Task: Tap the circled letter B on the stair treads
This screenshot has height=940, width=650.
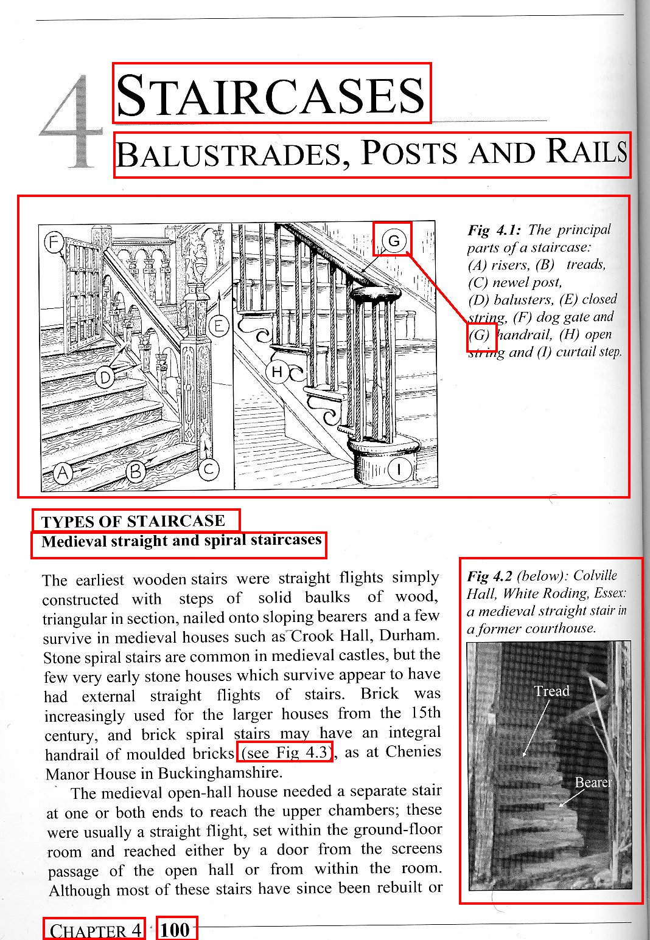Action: click(136, 471)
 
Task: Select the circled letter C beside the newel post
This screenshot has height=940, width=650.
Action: click(208, 469)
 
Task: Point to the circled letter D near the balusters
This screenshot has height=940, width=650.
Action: click(106, 378)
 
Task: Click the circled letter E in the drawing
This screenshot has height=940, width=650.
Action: click(218, 327)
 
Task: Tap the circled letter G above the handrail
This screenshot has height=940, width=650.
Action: click(393, 241)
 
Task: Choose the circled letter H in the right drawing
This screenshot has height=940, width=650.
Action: click(277, 372)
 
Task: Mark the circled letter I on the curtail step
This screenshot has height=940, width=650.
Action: click(399, 469)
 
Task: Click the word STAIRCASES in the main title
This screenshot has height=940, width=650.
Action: click(271, 95)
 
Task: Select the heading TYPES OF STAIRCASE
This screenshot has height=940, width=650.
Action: click(133, 521)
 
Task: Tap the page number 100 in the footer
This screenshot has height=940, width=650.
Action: click(176, 930)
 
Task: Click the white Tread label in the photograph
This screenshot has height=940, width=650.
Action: click(551, 691)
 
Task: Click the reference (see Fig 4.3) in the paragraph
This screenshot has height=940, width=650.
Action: click(284, 752)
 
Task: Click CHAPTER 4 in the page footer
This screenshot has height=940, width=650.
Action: click(95, 930)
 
